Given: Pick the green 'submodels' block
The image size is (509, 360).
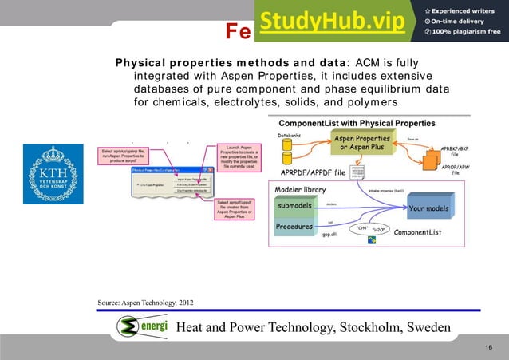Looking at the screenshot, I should tap(294, 207).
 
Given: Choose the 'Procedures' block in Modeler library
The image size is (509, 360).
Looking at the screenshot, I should tap(294, 227).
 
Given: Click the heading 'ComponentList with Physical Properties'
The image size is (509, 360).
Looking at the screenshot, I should tap(356, 123).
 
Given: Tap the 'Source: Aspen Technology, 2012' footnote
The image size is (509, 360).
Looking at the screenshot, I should tap(144, 303).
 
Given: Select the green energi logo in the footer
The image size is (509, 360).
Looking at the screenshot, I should tap(140, 327).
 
